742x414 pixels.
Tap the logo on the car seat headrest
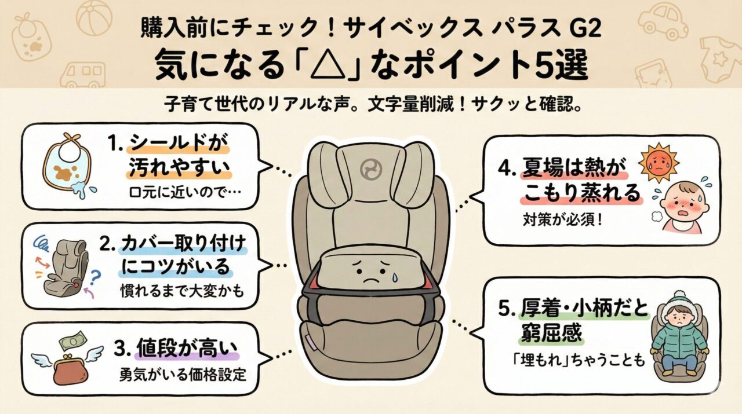point(369,170)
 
